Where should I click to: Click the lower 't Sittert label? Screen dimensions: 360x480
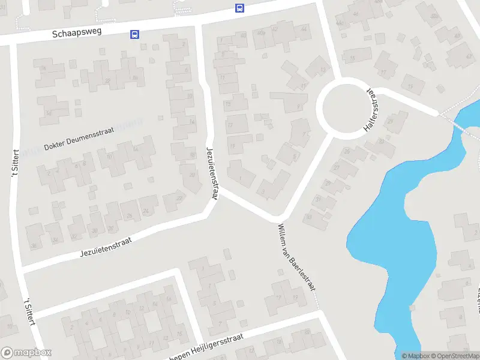coord(28,311)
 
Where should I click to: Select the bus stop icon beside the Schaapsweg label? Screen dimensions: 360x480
coord(134,35)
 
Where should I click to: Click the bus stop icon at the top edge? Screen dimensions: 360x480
coord(239,8)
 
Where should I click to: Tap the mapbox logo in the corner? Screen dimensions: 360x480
coord(26,353)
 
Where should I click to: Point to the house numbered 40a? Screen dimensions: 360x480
coord(260,32)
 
